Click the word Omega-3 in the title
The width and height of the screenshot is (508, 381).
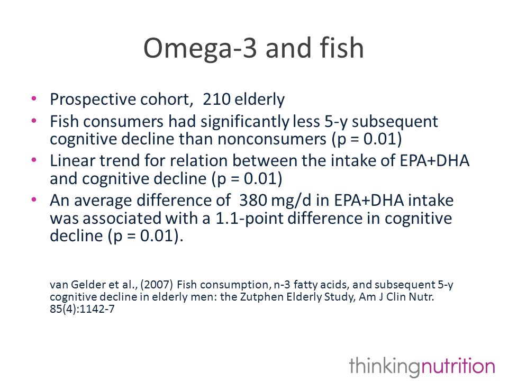[200, 49]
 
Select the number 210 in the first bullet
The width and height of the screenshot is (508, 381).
[216, 99]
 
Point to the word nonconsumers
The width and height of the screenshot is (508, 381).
[272, 139]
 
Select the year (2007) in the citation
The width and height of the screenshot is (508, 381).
[157, 285]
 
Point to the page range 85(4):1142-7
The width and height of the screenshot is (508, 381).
[83, 309]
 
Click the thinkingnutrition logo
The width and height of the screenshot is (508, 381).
[422, 366]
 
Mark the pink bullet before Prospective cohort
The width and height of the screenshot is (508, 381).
[34, 98]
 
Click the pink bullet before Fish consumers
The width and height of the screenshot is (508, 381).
[34, 121]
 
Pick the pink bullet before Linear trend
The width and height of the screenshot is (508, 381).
[34, 160]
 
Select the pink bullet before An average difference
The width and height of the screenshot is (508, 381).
[34, 199]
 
